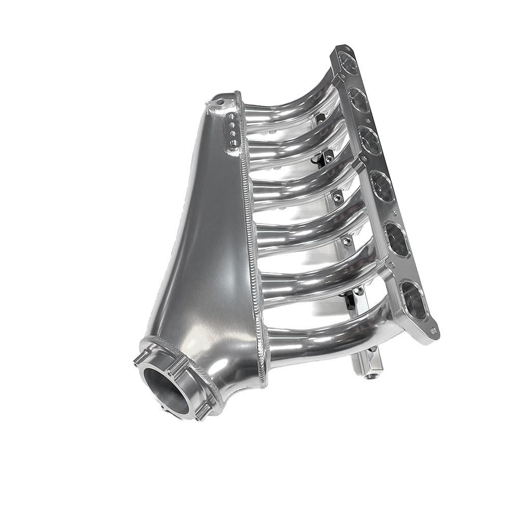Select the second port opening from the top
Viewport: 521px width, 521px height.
359,100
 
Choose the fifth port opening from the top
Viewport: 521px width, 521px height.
398,240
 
